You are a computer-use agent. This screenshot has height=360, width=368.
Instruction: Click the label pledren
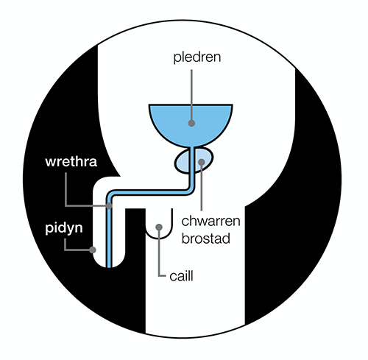point(197,57)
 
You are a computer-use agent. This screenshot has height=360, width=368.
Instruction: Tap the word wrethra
point(71,162)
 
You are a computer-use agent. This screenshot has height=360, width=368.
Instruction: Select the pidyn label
point(64,229)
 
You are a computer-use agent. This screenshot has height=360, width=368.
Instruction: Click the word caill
point(181,276)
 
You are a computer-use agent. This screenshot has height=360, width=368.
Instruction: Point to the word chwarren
point(210,221)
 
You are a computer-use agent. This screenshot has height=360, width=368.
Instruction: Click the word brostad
point(206,239)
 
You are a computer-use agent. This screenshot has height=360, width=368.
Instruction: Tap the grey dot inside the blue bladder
point(191,123)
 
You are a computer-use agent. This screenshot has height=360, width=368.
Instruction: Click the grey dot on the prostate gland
point(202,162)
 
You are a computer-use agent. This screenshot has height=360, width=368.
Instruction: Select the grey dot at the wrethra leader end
point(109,205)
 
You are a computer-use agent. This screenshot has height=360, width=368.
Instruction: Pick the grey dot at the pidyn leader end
point(93,250)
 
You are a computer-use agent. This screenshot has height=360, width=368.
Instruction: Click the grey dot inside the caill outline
point(159,227)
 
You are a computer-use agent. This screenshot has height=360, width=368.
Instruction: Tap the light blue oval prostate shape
point(183,161)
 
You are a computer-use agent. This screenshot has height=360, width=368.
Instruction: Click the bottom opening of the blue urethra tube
point(109,267)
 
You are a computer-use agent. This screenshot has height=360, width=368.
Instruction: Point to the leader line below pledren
point(191,96)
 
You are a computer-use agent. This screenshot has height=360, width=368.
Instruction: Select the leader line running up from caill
point(159,253)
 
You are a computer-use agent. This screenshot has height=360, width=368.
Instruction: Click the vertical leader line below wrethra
point(66,189)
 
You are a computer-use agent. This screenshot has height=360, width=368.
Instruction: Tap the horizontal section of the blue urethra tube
point(149,192)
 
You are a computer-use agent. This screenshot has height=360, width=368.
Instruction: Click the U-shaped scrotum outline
point(159,238)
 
